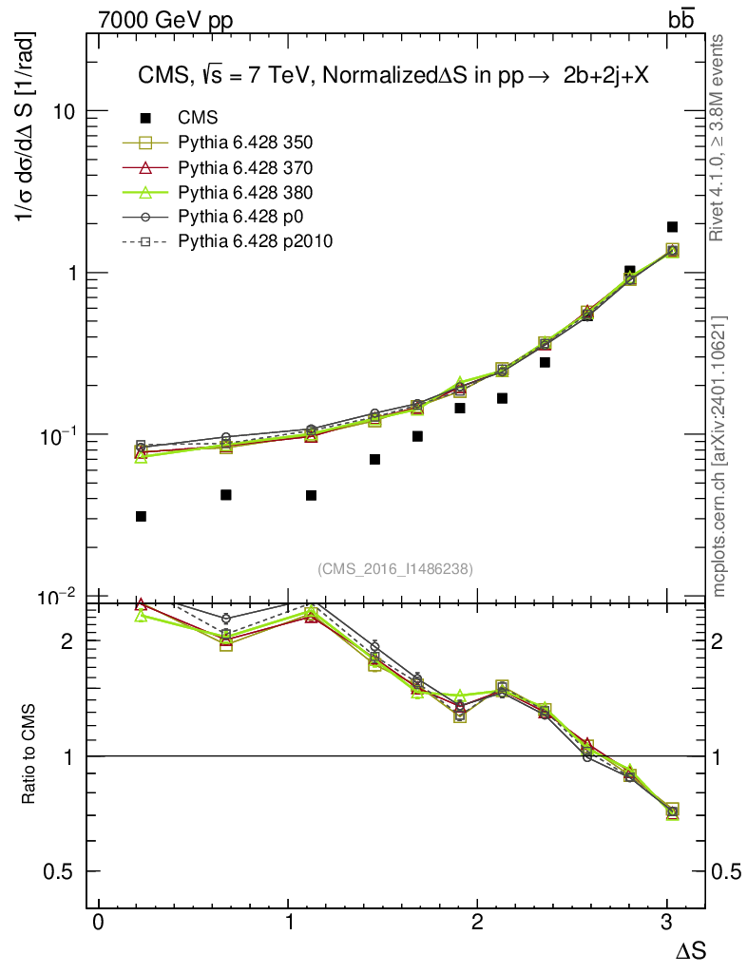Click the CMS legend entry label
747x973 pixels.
[199, 118]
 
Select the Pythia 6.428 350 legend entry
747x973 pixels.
[245, 143]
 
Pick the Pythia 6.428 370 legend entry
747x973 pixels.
[245, 167]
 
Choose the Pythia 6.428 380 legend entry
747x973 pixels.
[245, 193]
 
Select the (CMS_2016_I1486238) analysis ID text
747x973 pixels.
[395, 568]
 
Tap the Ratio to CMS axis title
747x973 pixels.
[30, 755]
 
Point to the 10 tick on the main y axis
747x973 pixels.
[64, 111]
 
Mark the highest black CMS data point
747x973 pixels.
[672, 226]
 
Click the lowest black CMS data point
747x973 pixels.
[141, 516]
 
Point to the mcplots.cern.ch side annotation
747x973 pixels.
[719, 456]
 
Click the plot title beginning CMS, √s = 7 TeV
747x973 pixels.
[389, 77]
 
